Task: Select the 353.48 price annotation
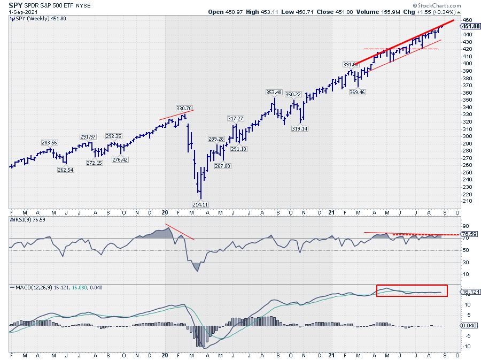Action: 274,92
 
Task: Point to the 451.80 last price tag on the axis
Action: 468,26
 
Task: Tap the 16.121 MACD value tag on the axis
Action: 468,293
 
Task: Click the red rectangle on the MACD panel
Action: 412,290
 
